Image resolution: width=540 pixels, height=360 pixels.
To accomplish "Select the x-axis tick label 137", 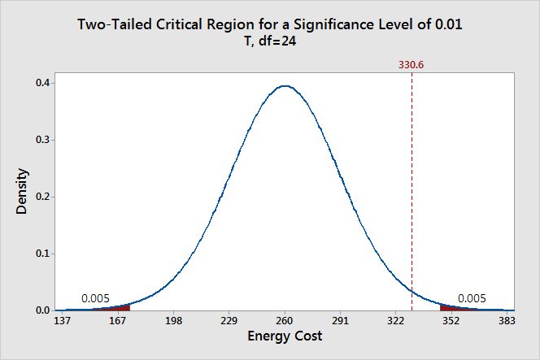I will click(62, 321).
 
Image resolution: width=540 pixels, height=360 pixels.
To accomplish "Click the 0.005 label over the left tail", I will click(95, 298).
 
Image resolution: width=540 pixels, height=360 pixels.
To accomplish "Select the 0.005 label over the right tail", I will click(472, 298).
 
